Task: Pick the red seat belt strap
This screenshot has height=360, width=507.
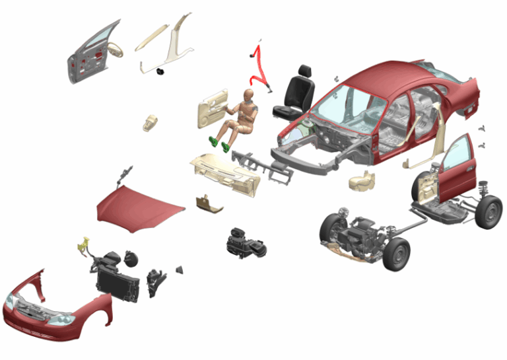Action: [x=259, y=63]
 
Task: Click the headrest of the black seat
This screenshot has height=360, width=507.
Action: [x=306, y=71]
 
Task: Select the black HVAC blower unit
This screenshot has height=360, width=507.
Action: [x=246, y=242]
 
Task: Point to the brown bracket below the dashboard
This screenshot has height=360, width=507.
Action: [x=209, y=204]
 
